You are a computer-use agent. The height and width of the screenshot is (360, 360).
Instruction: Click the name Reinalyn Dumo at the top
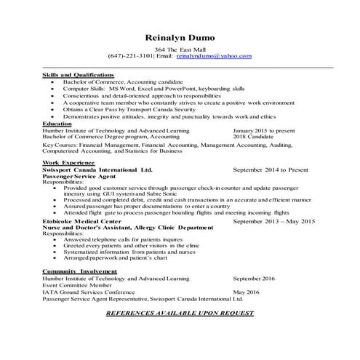tap(180, 37)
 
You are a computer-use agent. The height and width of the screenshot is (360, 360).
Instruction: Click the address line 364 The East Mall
tap(180, 48)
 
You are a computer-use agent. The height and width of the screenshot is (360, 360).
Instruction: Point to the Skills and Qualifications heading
tap(78, 75)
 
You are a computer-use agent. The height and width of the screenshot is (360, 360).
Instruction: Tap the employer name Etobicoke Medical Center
tap(81, 220)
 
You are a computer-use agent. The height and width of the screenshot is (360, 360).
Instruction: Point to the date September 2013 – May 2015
tap(273, 220)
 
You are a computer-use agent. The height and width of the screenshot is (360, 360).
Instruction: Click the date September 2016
tap(254, 278)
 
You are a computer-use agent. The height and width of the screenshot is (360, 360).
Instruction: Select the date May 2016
tap(247, 291)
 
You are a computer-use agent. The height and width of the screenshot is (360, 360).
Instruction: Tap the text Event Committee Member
tap(73, 284)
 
